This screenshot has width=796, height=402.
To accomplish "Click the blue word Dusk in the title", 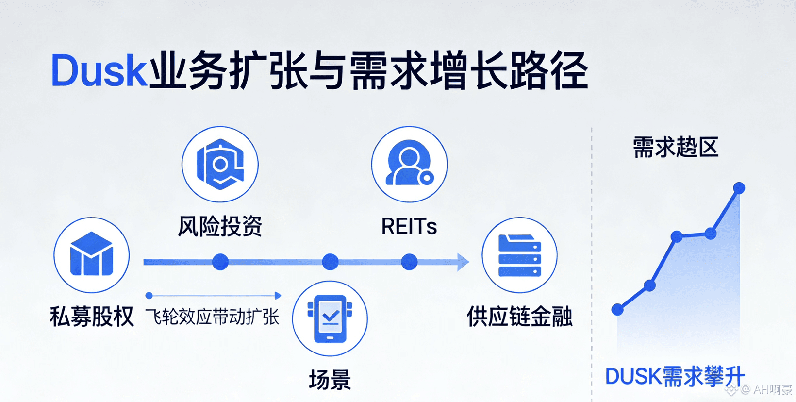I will coord(99,72).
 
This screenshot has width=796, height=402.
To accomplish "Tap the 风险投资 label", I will coord(220,226).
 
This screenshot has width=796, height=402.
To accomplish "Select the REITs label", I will coord(409,226).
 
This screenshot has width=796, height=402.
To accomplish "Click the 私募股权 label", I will coord(92,317).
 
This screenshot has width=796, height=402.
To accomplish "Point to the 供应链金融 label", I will coord(519,317).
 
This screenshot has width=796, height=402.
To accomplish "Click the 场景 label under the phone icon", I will coord(330,380).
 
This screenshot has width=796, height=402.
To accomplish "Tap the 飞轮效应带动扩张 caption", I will coord(213,317).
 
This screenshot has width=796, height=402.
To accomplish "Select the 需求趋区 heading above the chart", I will coord(675,147).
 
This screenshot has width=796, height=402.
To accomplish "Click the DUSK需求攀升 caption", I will coord(675,377).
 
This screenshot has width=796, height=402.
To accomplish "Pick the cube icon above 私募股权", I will coord(92,254).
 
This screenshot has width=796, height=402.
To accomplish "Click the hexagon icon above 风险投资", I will coord(220,164).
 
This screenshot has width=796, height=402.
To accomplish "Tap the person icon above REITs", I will coord(409,164).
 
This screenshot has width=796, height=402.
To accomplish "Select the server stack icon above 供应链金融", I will coord(519,255).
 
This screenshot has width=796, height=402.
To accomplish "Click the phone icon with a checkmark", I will coord(330,318).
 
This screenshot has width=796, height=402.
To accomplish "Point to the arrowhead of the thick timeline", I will coord(463,262).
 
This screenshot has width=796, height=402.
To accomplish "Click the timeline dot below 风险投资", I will coord(220,262).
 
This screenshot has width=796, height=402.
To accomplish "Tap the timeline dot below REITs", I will coord(409,262).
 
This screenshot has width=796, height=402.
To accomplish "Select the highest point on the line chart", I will coord(739,188).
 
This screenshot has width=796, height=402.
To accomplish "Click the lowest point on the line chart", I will coord(617,309).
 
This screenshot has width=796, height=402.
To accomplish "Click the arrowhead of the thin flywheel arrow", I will coord(278,296).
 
